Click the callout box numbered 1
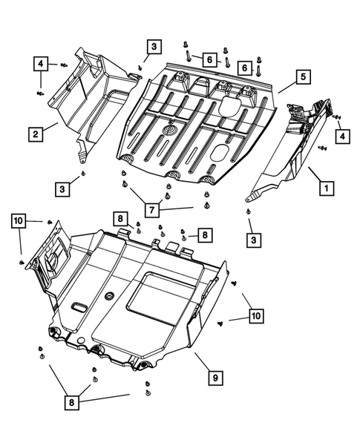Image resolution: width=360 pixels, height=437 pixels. click(324, 188)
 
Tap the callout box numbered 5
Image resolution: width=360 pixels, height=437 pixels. click(303, 76)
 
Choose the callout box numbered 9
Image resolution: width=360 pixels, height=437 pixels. click(215, 378)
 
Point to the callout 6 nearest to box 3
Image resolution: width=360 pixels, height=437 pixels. click(210, 59)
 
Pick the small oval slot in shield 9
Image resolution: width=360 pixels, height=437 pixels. click(77, 306)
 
